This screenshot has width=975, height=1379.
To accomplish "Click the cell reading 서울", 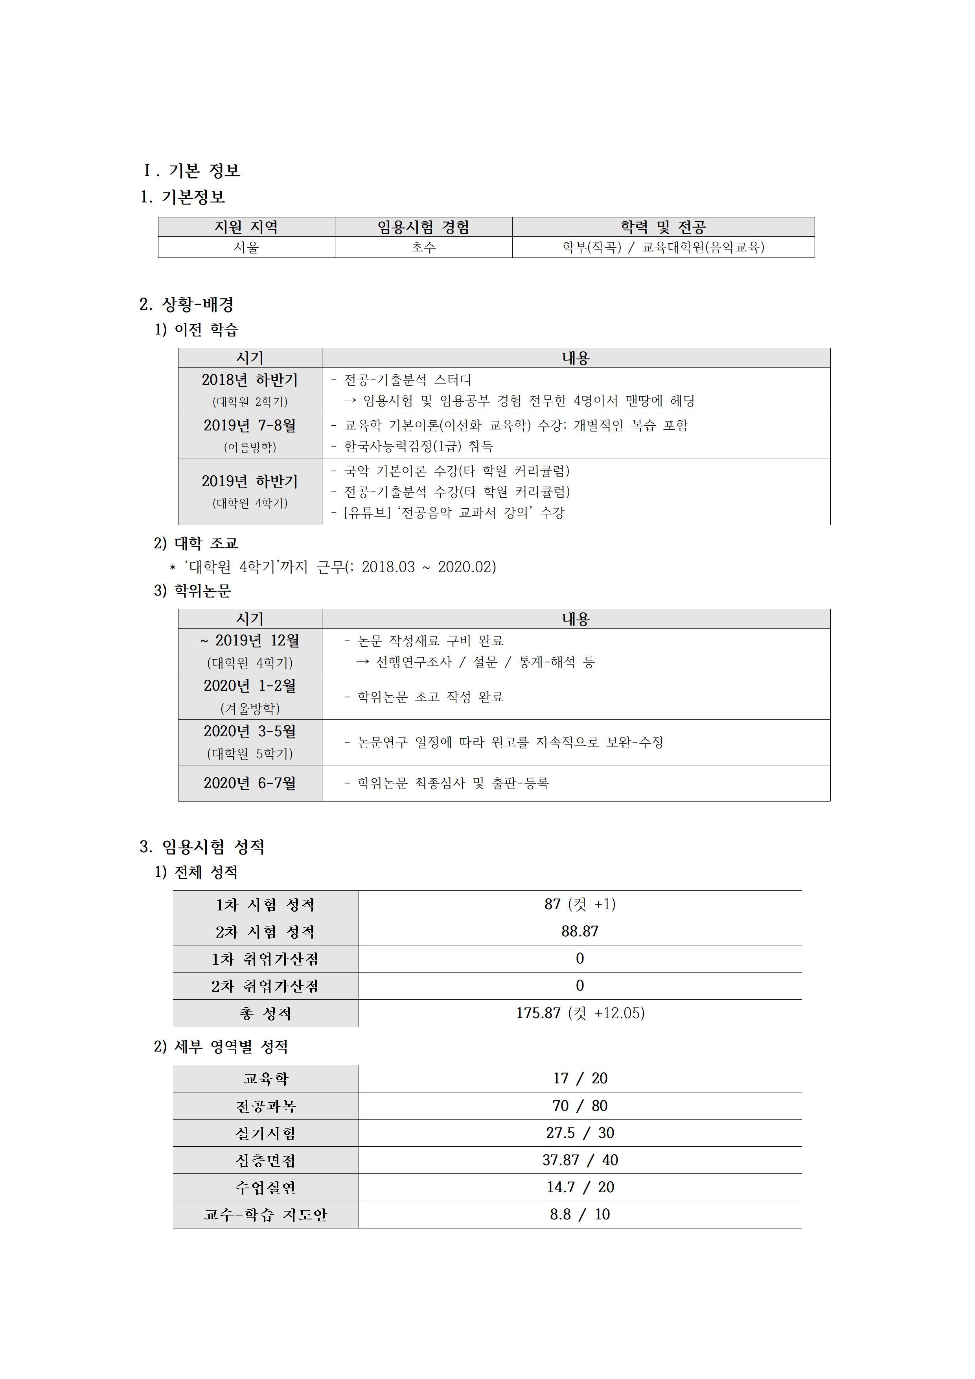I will click(246, 247).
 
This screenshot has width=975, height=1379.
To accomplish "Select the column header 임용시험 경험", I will click(423, 227).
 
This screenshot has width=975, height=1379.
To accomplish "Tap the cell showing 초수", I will click(423, 247).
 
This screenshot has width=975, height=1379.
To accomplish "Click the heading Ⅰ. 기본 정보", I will click(191, 171).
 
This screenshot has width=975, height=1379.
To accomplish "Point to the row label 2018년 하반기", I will click(250, 380).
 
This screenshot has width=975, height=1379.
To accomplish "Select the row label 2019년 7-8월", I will click(250, 426).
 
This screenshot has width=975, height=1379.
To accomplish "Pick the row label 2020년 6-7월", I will click(250, 783).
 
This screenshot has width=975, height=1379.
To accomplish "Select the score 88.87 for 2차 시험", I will click(580, 932).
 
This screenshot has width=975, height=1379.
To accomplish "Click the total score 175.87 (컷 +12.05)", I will click(580, 1013).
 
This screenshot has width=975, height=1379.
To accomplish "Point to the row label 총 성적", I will click(265, 1014).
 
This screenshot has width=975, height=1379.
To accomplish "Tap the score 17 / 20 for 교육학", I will click(580, 1079).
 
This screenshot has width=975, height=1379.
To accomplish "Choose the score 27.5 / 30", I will click(580, 1133).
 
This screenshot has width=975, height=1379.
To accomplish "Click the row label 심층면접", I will click(265, 1160).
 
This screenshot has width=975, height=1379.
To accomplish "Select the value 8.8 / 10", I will click(580, 1214).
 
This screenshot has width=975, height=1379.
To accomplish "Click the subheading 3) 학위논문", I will click(192, 591).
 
